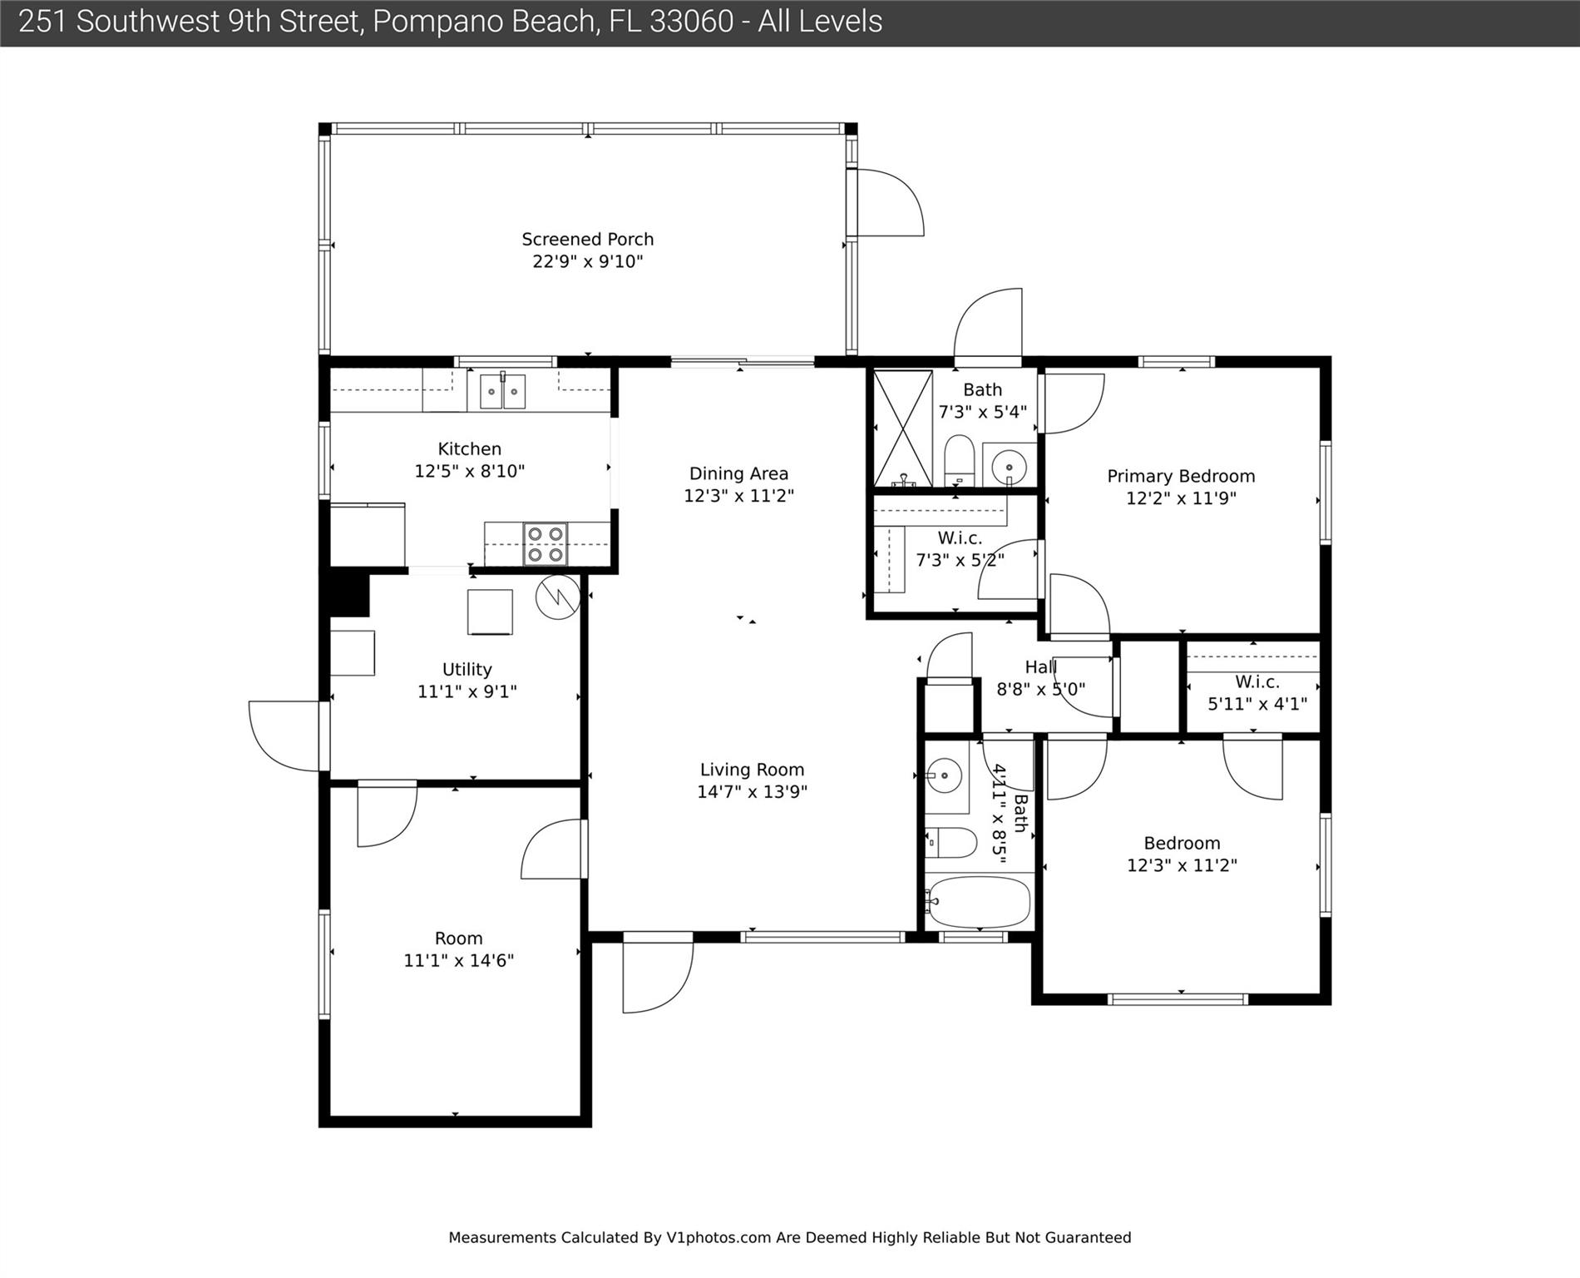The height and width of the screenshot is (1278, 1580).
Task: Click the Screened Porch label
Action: click(x=587, y=239)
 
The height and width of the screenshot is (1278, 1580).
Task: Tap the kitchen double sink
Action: click(x=502, y=390)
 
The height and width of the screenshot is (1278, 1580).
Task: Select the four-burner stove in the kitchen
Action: click(x=546, y=544)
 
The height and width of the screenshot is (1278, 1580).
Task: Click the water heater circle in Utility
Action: click(x=557, y=597)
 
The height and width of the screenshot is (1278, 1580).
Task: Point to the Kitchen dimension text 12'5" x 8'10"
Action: click(x=470, y=471)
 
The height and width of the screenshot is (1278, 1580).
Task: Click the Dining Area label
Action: click(x=738, y=473)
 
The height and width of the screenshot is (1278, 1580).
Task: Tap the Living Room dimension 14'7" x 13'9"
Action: click(x=753, y=791)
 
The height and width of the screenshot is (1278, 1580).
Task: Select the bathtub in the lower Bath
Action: click(x=979, y=902)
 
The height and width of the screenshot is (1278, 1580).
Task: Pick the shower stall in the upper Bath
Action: click(x=903, y=428)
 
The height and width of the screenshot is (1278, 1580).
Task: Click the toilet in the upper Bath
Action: click(x=959, y=460)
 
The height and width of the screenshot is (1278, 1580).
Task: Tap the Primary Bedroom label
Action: click(x=1181, y=476)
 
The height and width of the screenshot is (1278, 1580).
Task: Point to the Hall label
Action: click(x=1041, y=666)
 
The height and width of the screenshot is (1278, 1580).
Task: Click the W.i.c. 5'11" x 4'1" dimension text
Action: click(x=1257, y=703)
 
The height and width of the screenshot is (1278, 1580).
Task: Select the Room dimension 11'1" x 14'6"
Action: click(x=459, y=960)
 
